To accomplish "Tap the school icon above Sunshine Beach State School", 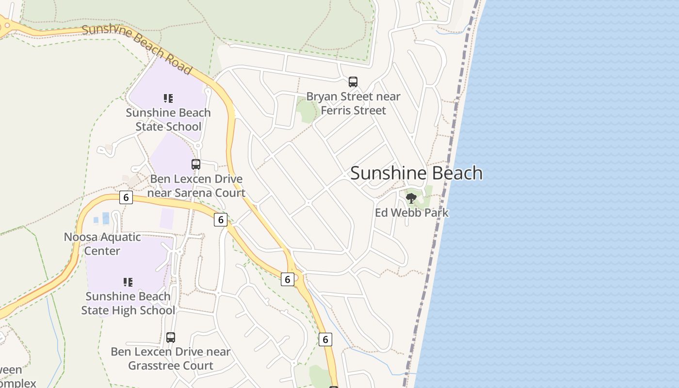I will point(168,98).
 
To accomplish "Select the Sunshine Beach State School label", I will point(168,119).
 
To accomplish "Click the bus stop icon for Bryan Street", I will point(353,82).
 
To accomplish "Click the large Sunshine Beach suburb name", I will point(416,173).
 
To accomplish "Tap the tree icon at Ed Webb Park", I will point(411,198).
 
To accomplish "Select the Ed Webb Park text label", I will point(412,212).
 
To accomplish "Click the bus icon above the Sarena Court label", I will point(196,164).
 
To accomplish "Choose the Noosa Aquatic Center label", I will point(102,244).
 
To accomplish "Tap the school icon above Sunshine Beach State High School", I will point(128,282).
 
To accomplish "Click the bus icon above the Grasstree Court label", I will point(171,337).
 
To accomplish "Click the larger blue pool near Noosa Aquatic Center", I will point(106,218).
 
